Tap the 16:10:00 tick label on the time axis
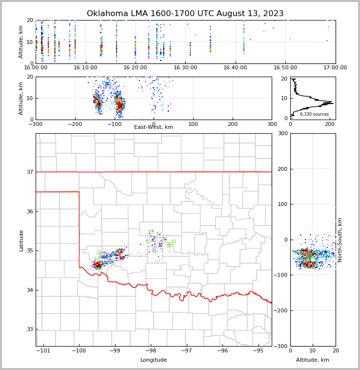pos(85,67)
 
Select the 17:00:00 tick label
pos(335,67)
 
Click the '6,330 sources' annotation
pos(314,114)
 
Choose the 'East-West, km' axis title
pos(154,127)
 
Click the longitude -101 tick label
pos(43,350)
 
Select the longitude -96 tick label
pos(222,350)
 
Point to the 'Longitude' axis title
pos(154,360)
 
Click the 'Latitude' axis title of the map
pos(21,240)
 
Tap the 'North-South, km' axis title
pos(340,240)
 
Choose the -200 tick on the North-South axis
pos(282,311)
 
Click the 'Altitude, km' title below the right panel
pos(313,360)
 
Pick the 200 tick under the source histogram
pos(330,124)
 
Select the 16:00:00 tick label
pos(36,67)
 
